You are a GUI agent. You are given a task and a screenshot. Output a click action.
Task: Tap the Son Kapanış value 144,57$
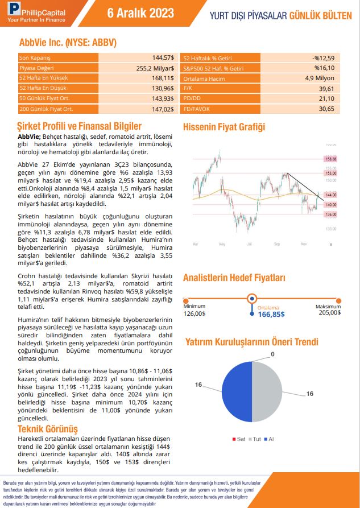[163, 58]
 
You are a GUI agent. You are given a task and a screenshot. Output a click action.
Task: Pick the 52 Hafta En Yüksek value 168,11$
[163, 78]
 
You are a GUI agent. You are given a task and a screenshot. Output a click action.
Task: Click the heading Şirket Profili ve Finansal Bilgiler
[79, 126]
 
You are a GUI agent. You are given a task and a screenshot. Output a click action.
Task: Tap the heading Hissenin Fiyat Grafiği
[224, 127]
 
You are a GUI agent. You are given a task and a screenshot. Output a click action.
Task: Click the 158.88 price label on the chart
[330, 159]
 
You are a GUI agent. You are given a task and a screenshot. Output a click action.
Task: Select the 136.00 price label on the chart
[330, 214]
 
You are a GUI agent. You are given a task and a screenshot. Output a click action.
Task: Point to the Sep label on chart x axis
[277, 243]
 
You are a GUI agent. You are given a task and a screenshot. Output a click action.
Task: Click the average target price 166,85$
[271, 314]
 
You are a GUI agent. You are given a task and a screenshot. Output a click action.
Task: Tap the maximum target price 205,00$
[330, 313]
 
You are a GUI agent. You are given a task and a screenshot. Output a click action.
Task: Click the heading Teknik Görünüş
[47, 428]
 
